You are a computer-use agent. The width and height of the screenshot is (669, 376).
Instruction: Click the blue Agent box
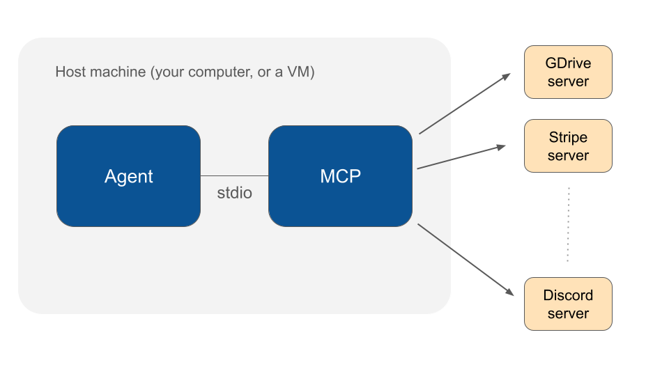click(x=128, y=176)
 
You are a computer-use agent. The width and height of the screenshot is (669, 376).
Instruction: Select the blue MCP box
click(x=340, y=176)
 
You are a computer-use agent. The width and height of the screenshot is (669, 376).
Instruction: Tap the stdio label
click(x=234, y=193)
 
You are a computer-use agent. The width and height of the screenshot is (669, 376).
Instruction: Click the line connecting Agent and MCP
click(x=234, y=175)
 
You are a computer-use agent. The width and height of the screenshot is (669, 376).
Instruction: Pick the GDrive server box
click(x=568, y=72)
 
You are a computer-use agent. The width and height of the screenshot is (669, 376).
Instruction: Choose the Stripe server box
click(x=568, y=146)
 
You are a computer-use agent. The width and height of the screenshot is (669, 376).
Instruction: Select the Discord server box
click(x=568, y=304)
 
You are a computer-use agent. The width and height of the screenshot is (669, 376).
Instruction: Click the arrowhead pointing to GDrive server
click(x=507, y=76)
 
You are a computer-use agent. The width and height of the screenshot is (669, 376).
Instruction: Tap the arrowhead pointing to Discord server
click(x=509, y=292)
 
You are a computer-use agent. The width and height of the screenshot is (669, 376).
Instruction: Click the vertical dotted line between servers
click(x=568, y=224)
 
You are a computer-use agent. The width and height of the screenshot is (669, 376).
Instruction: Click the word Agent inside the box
click(x=128, y=176)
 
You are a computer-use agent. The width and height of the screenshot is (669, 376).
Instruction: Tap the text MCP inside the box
click(x=340, y=176)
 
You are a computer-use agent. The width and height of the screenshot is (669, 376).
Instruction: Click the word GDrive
click(x=568, y=63)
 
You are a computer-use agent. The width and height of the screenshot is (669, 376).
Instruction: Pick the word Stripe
click(x=568, y=137)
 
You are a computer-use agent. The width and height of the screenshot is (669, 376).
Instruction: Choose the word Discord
click(x=568, y=295)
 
